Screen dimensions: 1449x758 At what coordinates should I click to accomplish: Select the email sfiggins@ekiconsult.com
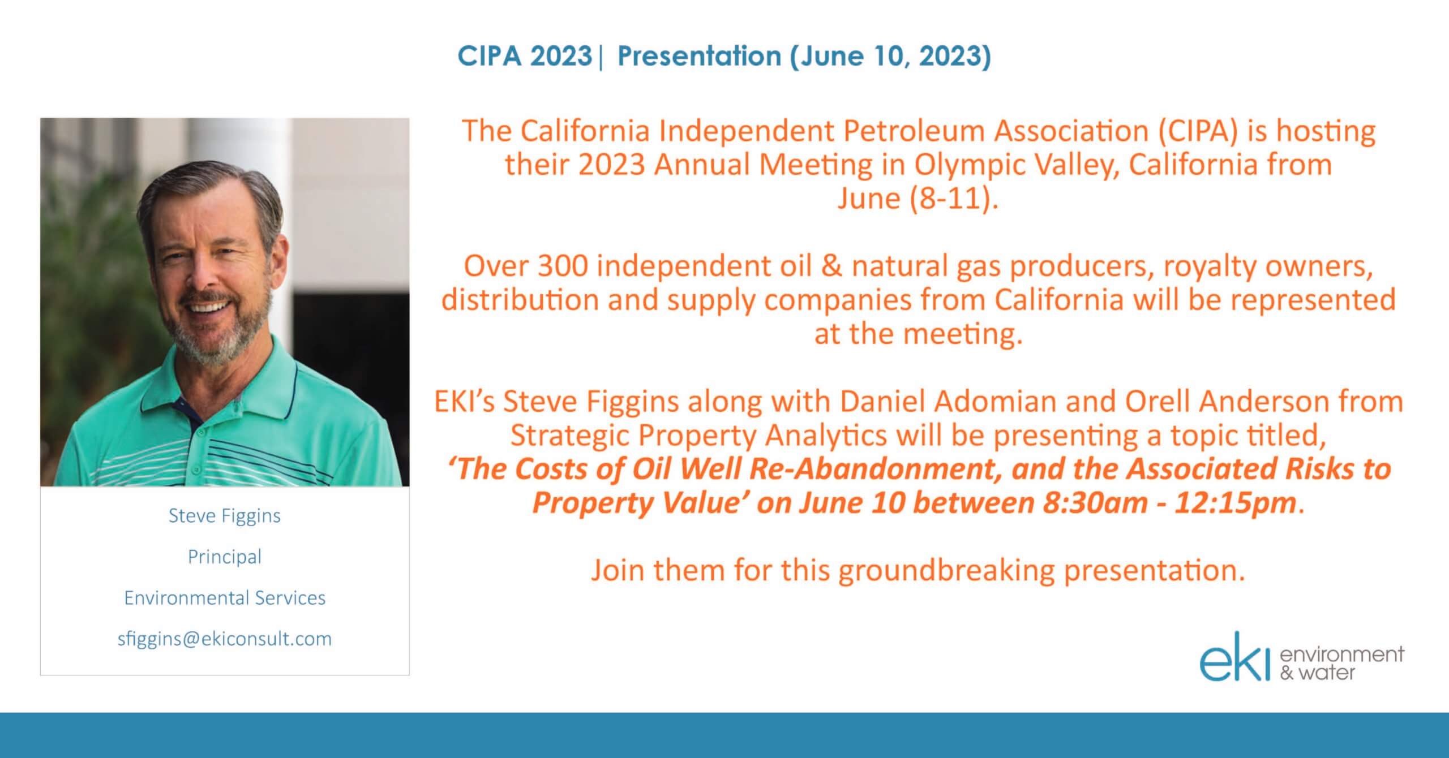(225, 639)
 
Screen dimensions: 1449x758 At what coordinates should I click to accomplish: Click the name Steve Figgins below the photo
(225, 516)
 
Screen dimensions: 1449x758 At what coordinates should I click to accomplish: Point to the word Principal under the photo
(225, 557)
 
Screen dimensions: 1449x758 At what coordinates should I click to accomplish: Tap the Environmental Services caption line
(225, 598)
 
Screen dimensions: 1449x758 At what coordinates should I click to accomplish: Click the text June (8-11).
(918, 199)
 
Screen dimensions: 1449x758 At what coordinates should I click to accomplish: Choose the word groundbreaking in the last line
(946, 571)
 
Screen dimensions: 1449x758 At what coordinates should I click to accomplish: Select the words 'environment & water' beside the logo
(1341, 664)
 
